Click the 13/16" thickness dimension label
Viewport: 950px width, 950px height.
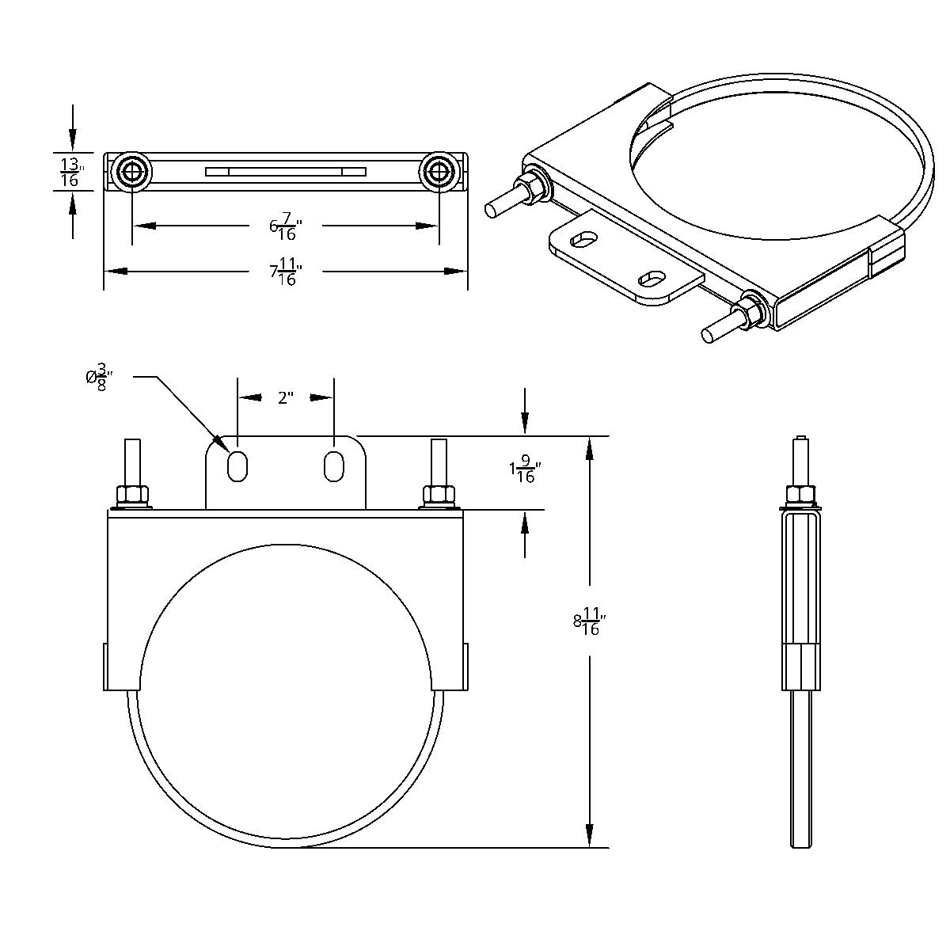(x=70, y=172)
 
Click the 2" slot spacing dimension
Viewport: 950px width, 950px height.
(x=286, y=397)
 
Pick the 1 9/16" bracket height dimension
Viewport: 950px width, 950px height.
(x=522, y=473)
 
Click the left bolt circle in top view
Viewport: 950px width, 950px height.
(x=131, y=171)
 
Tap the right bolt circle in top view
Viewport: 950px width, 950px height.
(x=438, y=171)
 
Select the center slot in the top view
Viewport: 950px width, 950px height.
(x=286, y=171)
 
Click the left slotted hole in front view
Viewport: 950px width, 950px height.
(x=237, y=465)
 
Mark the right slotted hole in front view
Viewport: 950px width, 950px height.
(x=334, y=465)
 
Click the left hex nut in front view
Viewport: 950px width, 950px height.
(x=133, y=495)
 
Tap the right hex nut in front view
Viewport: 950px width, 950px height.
(x=439, y=495)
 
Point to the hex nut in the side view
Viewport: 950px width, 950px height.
(x=800, y=496)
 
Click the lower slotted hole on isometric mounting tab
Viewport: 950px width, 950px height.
(x=653, y=278)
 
